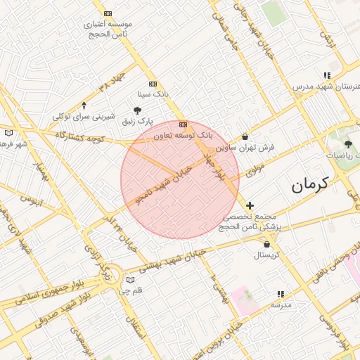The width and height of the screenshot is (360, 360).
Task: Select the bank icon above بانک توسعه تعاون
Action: click(x=183, y=124)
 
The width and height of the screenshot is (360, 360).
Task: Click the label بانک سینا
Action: click(x=154, y=94)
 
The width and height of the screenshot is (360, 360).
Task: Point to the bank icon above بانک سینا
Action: click(x=153, y=84)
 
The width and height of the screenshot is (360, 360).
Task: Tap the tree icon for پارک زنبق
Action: click(x=137, y=110)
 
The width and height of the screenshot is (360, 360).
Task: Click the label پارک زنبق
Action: click(x=136, y=122)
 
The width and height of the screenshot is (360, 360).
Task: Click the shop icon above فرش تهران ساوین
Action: click(x=245, y=137)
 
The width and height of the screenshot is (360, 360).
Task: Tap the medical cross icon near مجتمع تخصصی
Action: click(x=250, y=205)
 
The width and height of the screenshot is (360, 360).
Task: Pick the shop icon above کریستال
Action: click(x=266, y=245)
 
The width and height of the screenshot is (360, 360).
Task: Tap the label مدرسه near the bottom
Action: click(x=281, y=305)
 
